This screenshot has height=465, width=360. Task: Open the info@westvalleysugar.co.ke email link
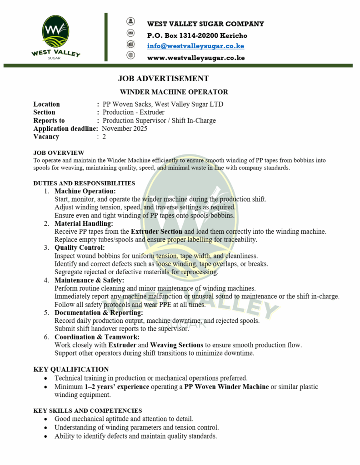[195, 46]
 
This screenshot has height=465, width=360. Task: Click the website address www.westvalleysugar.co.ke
[196, 58]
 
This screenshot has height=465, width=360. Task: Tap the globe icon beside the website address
[131, 55]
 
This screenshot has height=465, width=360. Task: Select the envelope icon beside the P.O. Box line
[131, 33]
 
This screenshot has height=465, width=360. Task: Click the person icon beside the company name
[131, 21]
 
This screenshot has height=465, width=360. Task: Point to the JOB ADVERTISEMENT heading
[163, 79]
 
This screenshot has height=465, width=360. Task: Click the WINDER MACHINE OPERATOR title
[174, 92]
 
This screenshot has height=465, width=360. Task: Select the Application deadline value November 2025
[125, 129]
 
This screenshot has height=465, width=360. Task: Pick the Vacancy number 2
[104, 137]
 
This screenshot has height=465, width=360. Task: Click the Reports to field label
[49, 120]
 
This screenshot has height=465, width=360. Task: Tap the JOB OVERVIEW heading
[59, 153]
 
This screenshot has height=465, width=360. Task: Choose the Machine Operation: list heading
[85, 191]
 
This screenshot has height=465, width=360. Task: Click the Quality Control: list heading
[80, 247]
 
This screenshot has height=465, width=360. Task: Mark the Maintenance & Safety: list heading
[89, 280]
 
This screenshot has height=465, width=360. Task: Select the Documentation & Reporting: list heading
[99, 313]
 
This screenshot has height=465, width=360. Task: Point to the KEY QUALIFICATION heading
[71, 369]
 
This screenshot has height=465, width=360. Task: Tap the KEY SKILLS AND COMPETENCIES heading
[87, 411]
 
